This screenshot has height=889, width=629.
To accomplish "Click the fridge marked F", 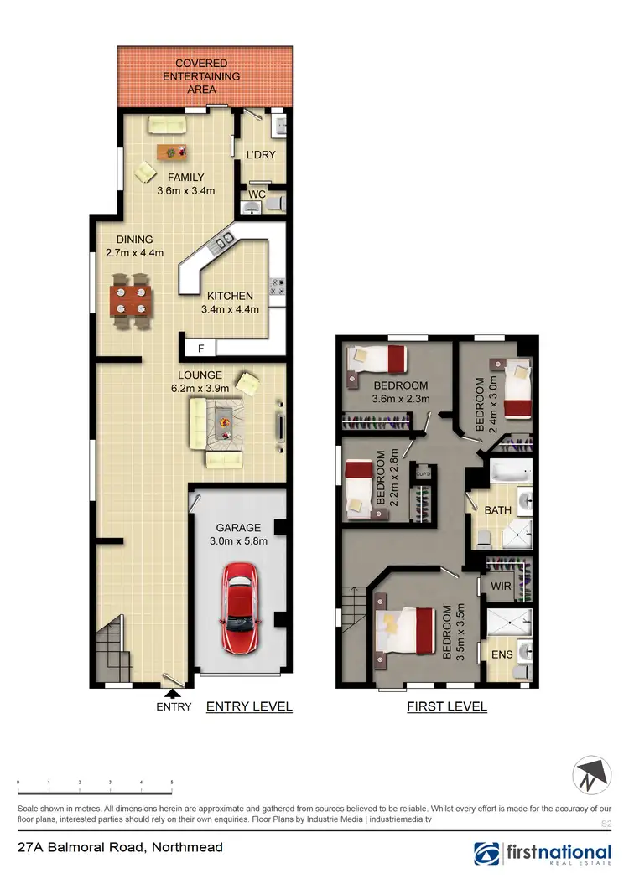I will pos(200,348).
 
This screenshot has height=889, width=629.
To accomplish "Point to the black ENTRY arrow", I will pos(173,693).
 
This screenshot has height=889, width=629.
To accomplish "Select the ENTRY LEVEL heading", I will pos(249,706).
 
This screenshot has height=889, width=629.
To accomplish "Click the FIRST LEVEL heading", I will pos(446,706).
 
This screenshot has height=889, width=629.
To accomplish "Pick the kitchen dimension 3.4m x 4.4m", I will pos(230,309).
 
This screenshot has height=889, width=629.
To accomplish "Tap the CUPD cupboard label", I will pos(424,474).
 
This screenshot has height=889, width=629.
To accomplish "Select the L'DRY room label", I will pos(260,155).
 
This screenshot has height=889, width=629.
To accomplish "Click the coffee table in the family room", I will pos(172,152).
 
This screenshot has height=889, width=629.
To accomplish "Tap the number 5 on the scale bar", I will pos(172,782).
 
